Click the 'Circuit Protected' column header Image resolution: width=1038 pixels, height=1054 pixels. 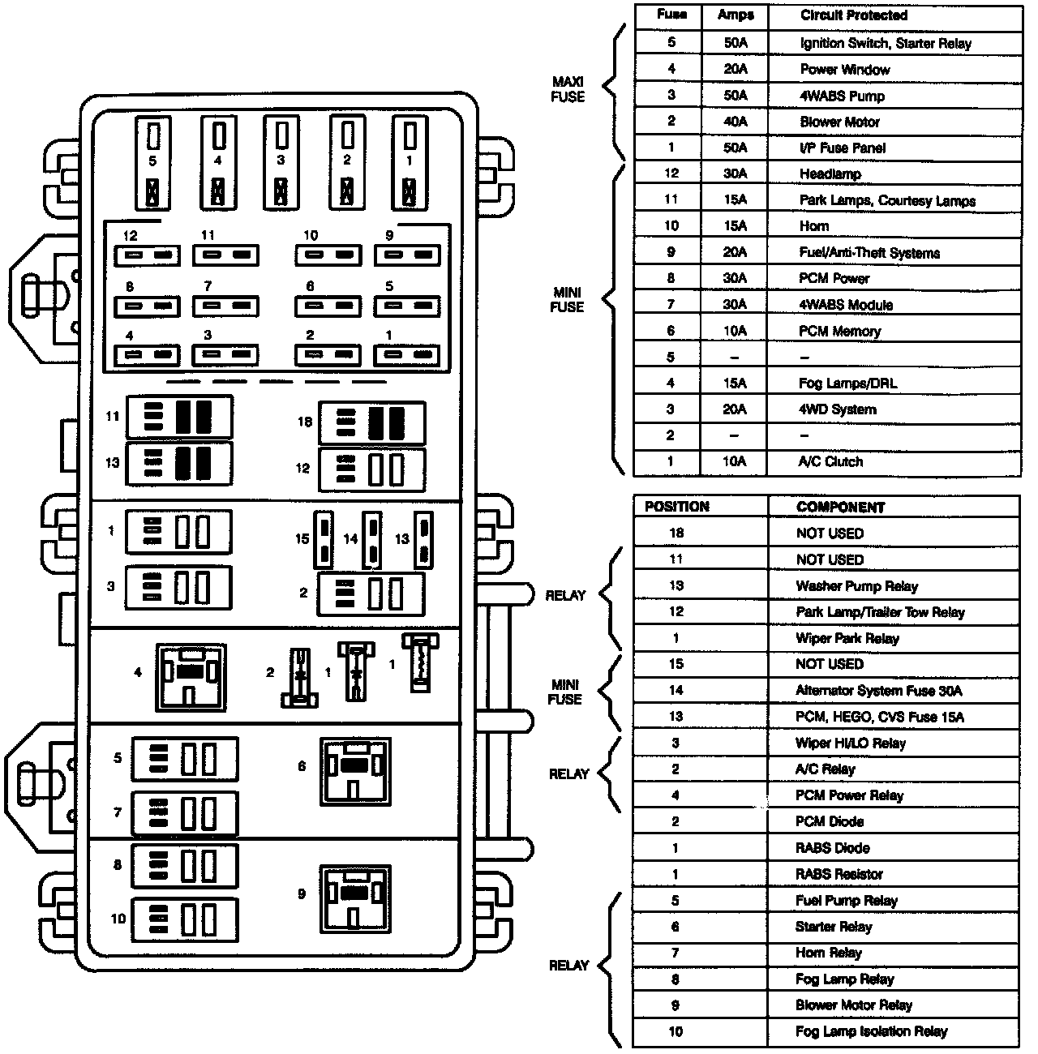tap(853, 15)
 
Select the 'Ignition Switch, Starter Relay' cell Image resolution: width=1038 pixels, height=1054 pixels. tap(885, 44)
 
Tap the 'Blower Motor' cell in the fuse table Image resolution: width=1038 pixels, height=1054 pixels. tap(839, 122)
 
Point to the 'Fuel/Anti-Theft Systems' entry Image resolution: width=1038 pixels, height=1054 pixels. tap(869, 253)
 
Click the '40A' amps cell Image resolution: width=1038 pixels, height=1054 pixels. tap(735, 122)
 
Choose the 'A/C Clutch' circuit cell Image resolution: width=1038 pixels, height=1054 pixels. tap(830, 462)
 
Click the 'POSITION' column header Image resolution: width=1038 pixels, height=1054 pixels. tap(676, 507)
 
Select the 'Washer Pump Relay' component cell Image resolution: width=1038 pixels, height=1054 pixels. tap(856, 586)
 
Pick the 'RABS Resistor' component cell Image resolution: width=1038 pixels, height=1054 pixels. tap(839, 874)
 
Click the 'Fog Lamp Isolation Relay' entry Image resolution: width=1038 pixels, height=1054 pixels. tap(871, 1032)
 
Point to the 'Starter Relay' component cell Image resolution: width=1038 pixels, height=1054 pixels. tap(833, 927)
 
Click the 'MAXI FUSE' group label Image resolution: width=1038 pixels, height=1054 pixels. tap(568, 89)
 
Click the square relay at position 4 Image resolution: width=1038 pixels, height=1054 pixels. tap(191, 673)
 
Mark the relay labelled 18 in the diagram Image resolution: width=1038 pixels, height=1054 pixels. tap(372, 422)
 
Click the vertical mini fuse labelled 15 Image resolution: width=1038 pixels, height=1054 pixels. tap(324, 539)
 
